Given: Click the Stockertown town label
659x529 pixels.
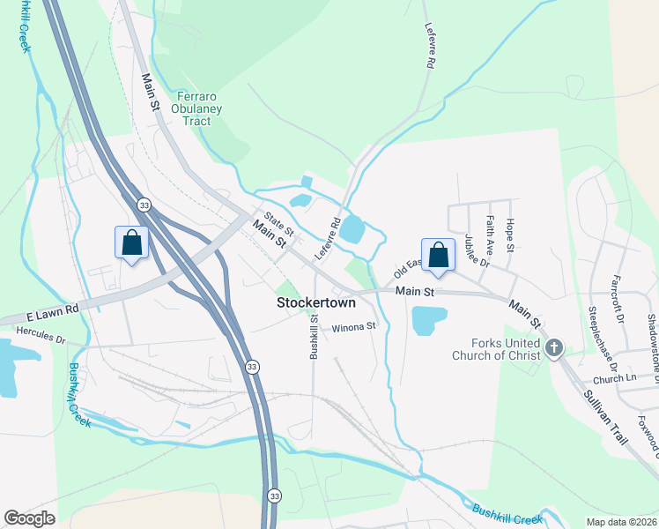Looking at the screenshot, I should pos(315,302).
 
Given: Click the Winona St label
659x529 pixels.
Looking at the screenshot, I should pos(353,327).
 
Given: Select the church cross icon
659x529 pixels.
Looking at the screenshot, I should pos(553,348).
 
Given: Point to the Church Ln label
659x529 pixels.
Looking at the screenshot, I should pos(615,378).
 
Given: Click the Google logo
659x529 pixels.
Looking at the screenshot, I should pos(31,518).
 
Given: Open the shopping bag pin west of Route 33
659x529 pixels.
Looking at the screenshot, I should pos(131,242).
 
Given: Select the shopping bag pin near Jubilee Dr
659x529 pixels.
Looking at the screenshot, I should pos(438,256).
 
